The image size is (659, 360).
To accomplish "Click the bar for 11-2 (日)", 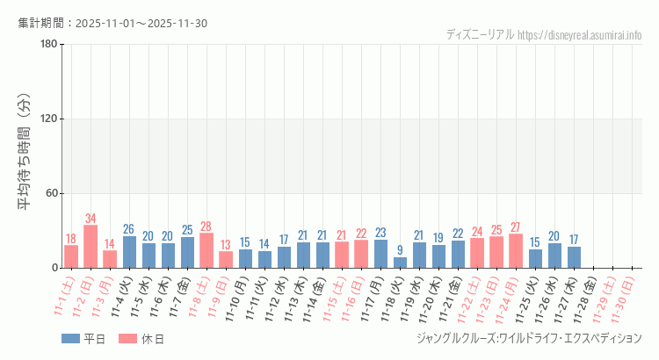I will (91, 247).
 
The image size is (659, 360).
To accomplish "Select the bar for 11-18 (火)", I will (400, 263).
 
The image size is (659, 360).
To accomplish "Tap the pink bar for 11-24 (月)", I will (516, 251).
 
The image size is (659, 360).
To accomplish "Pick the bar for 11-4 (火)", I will (129, 252).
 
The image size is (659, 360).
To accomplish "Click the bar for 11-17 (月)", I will (380, 254).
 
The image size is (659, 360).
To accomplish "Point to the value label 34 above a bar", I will (91, 219).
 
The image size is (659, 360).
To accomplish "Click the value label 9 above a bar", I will (400, 250).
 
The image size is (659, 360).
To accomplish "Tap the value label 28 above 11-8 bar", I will (206, 227).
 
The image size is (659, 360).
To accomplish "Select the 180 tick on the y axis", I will (48, 45).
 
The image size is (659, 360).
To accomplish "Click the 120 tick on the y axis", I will (48, 119).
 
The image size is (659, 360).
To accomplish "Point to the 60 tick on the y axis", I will (51, 193).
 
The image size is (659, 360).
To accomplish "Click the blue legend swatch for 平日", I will (70, 339).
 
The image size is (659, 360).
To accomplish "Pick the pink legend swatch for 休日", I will (128, 339).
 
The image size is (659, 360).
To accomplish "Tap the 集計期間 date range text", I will (112, 23).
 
